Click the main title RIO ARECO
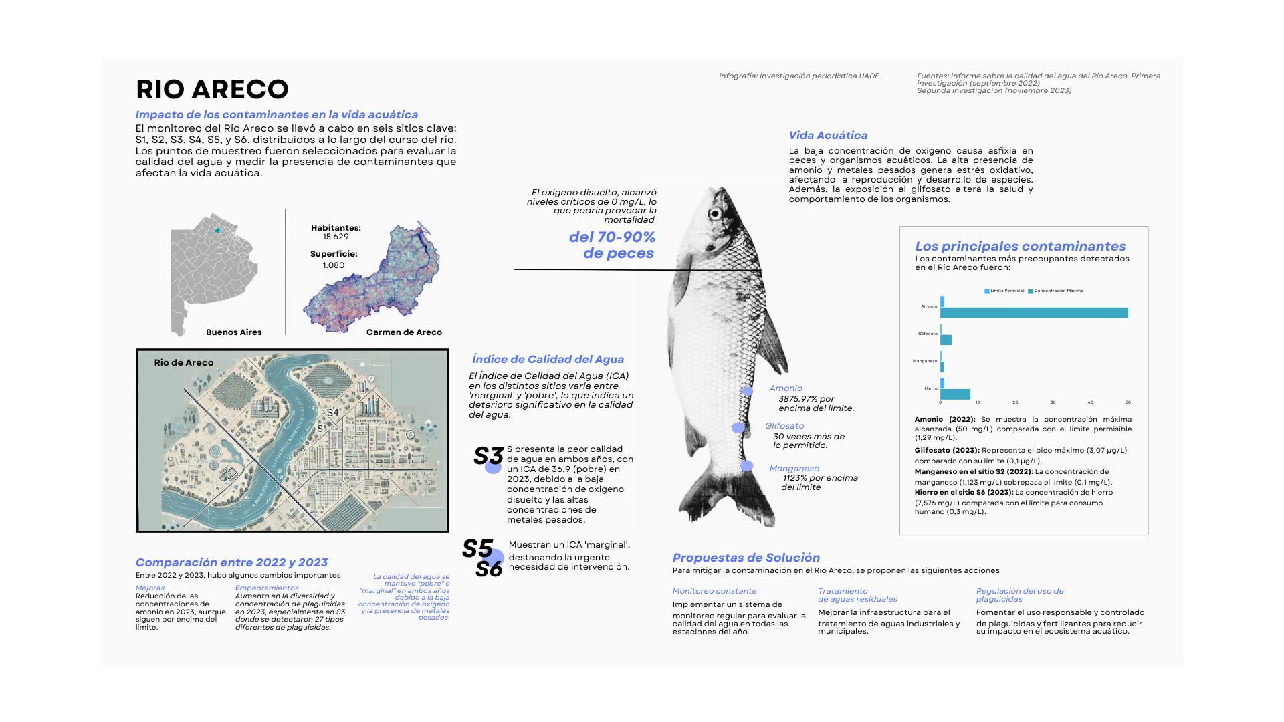click(x=212, y=89)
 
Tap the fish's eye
click(x=716, y=215)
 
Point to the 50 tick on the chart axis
click(x=1128, y=402)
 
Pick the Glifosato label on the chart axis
click(x=928, y=334)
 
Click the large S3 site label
click(x=488, y=456)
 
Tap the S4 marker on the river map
click(x=332, y=412)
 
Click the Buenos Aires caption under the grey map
click(x=233, y=332)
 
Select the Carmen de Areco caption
click(x=404, y=332)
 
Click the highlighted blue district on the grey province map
click(x=217, y=231)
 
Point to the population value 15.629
click(x=336, y=237)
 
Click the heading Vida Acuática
click(x=828, y=136)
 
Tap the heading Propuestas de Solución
click(x=746, y=558)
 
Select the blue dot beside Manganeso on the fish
click(x=747, y=466)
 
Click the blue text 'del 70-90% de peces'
click(x=612, y=245)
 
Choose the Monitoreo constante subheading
click(x=714, y=591)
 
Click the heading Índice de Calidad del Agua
click(x=548, y=360)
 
